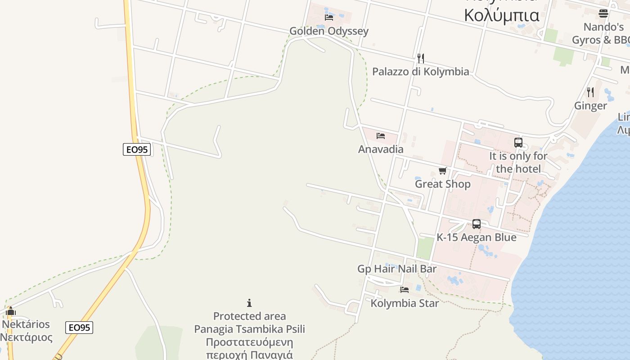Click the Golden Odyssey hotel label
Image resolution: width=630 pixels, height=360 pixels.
[328, 31]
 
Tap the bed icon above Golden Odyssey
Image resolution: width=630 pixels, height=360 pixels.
[329, 18]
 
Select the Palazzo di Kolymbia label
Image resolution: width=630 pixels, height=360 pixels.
[420, 72]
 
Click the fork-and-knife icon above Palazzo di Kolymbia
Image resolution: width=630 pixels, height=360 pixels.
[420, 58]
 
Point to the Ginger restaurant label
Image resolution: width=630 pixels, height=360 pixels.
[590, 106]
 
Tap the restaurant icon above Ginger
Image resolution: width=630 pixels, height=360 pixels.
[590, 92]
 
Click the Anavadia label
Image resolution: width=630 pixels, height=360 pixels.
[381, 149]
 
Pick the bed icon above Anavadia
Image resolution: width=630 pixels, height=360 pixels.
[381, 135]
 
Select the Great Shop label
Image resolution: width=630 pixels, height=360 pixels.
[442, 184]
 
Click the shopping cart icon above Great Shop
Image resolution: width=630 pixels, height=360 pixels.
[442, 171]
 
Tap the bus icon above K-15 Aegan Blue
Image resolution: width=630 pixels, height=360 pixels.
[476, 224]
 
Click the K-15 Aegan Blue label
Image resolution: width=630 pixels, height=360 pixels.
[476, 237]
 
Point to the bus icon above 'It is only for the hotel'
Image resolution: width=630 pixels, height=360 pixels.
[518, 143]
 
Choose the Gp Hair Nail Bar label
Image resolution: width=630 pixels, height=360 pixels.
[397, 269]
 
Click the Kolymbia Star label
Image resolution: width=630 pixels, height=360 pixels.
[405, 303]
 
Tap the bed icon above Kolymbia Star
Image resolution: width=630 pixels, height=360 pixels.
[405, 290]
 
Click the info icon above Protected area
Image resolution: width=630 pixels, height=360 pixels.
[249, 303]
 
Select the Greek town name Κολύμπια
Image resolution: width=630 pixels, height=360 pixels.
[501, 15]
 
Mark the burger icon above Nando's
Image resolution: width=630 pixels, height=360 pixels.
[603, 13]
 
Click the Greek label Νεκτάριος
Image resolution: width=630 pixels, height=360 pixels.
[26, 337]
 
